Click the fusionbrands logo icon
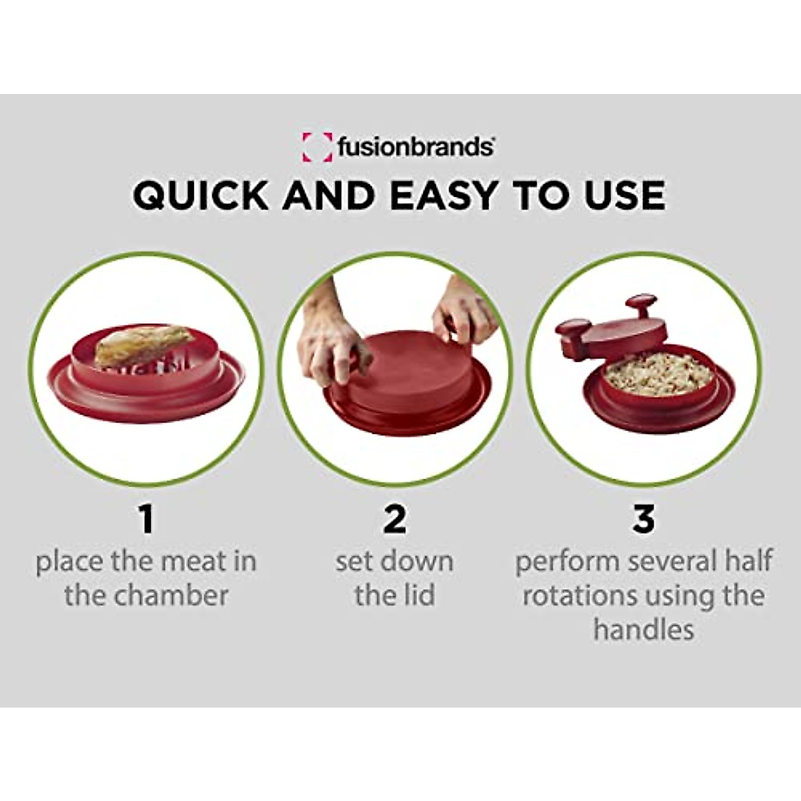tap(316, 147)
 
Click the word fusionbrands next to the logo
tap(415, 146)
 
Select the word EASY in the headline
tap(443, 195)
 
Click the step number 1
tap(146, 519)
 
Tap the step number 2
tap(394, 519)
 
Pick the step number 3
tap(643, 519)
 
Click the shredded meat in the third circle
tap(658, 374)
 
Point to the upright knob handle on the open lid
tap(641, 308)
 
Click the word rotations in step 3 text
tap(578, 595)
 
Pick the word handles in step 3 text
tap(643, 629)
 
